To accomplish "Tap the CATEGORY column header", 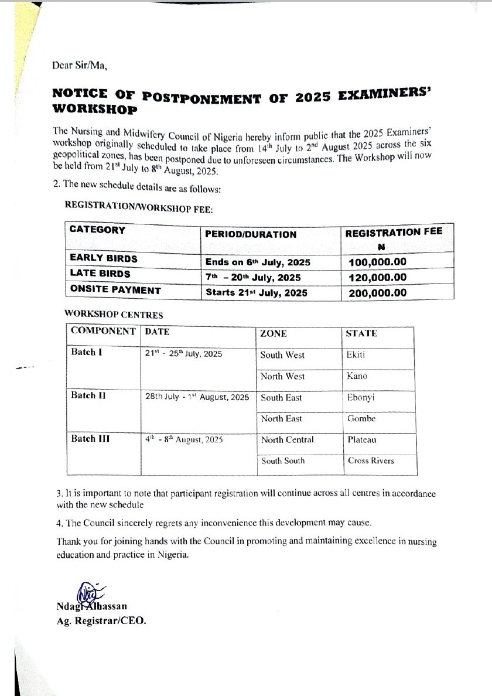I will [97, 230].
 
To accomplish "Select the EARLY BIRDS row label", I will [104, 258].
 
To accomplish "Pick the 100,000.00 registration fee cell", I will [377, 262].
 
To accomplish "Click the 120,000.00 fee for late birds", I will [377, 277].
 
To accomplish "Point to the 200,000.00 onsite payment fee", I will [377, 292].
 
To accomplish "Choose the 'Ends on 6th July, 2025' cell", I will [258, 262].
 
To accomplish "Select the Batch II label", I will [88, 395].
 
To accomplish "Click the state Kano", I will [357, 376].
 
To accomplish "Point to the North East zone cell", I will [281, 418].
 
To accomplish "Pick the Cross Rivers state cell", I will [371, 460].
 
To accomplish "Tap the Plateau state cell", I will [361, 439].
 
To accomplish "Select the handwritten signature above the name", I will [86, 592].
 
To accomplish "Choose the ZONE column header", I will [274, 333].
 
